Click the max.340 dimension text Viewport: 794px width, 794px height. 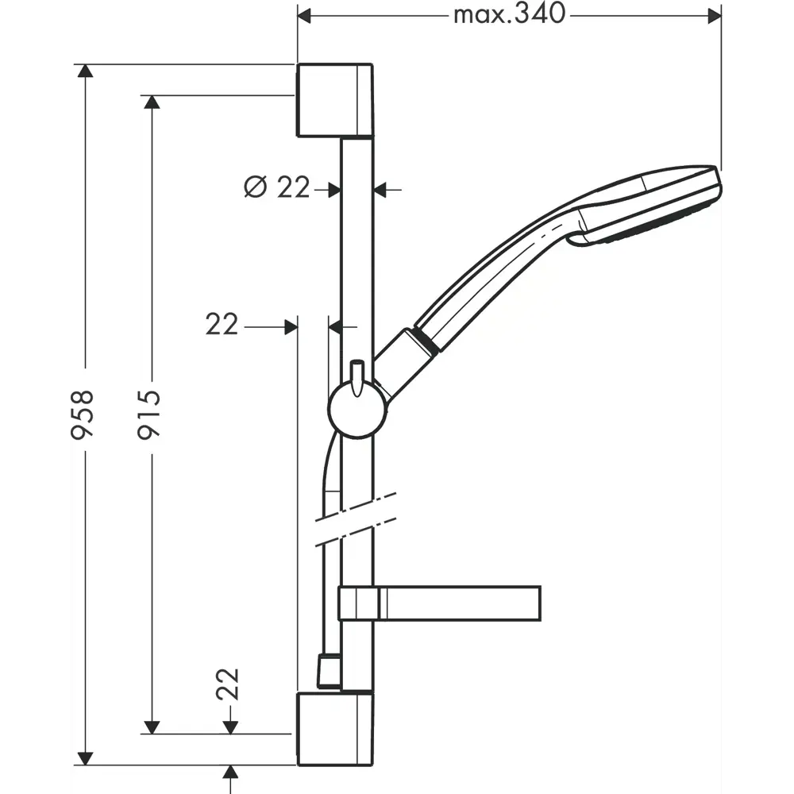(509, 13)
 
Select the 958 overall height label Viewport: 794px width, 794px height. (83, 414)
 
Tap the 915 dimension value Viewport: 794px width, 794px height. (149, 414)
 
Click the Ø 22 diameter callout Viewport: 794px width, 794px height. (277, 188)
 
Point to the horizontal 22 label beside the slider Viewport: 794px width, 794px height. (222, 324)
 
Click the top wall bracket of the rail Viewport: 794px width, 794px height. (334, 101)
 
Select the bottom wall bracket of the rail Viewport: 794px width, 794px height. (334, 729)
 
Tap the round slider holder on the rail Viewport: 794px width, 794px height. (357, 409)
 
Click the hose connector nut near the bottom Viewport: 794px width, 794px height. (329, 671)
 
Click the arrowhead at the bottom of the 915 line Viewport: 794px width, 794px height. (152, 727)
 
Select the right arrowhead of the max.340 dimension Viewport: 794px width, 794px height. (715, 15)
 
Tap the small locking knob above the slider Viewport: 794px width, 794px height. (357, 373)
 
